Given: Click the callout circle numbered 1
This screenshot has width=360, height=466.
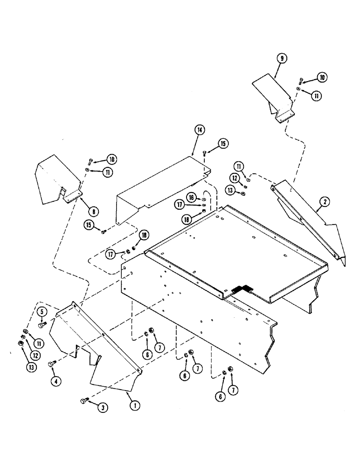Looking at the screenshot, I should point(134,406).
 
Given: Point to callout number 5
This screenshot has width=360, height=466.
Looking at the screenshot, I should point(41,312).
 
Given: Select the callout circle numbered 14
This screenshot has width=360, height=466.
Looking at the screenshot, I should point(200,130).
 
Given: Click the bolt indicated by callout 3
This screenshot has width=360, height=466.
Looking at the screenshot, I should point(84,400).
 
